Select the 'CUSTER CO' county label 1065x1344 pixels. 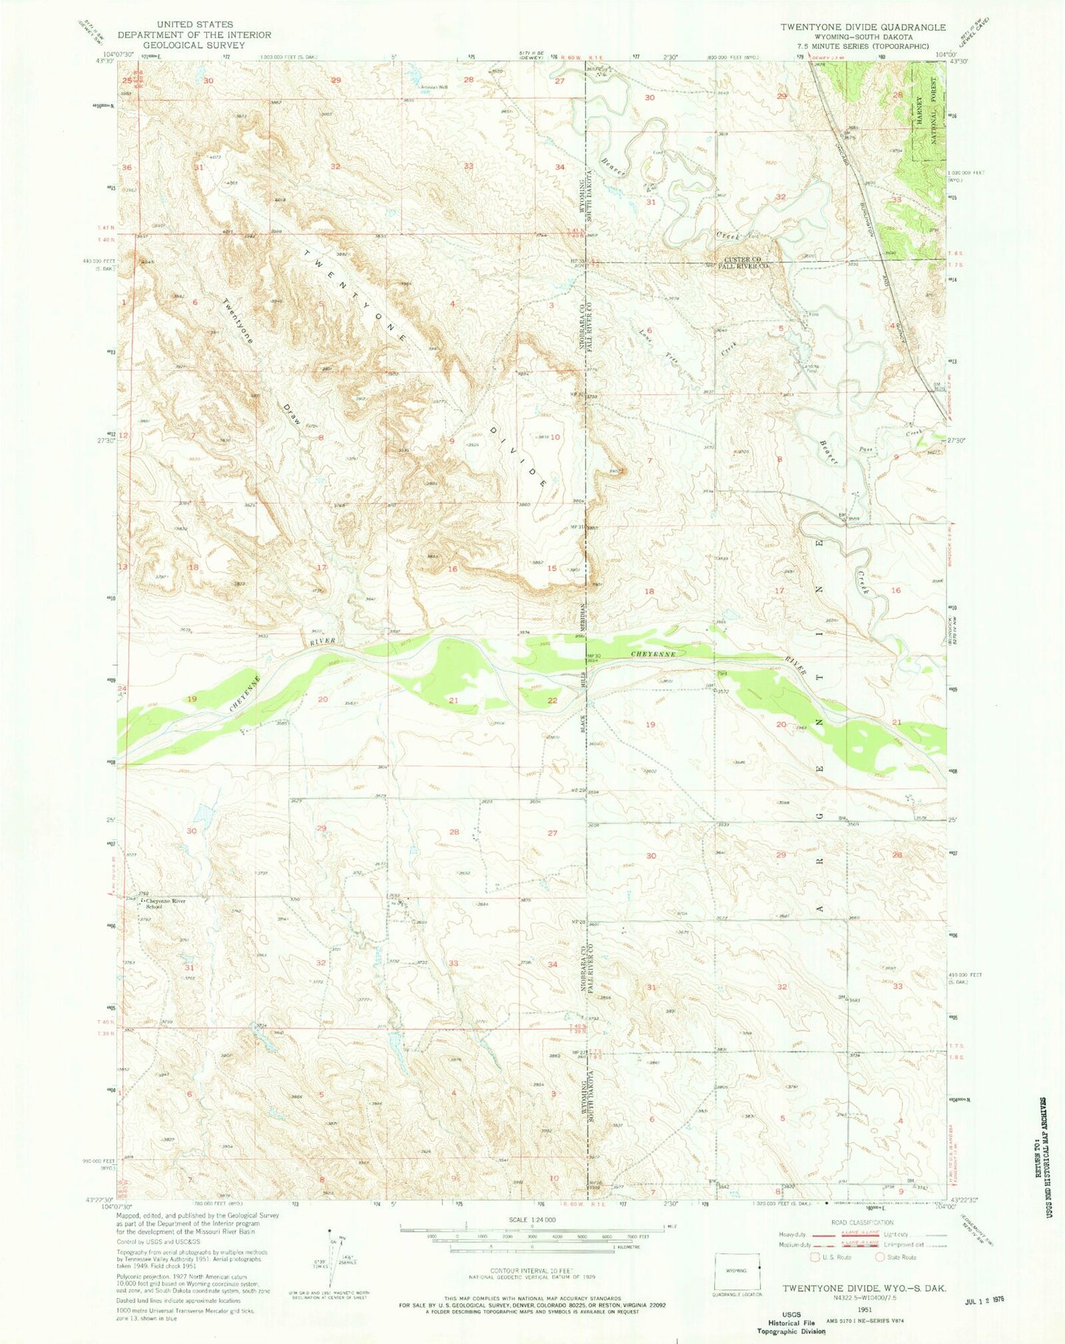[x=741, y=260]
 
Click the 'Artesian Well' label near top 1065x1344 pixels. [x=434, y=87]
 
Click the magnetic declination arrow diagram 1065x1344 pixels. [x=329, y=1256]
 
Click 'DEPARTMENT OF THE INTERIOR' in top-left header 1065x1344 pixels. [x=194, y=35]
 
